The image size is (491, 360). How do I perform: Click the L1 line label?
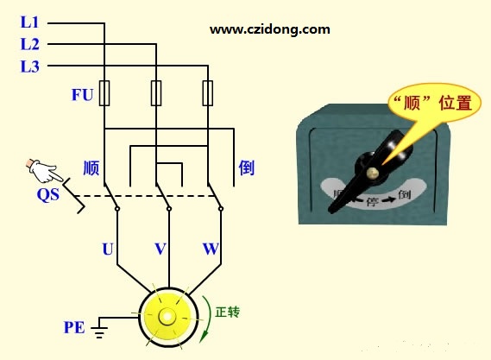click(x=29, y=22)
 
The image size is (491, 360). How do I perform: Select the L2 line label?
click(x=29, y=44)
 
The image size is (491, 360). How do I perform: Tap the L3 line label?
click(x=29, y=66)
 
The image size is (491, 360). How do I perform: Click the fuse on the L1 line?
click(x=104, y=93)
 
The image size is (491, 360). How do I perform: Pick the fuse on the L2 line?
click(x=156, y=93)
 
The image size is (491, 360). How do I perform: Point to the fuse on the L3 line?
click(x=208, y=93)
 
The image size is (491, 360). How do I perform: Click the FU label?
click(x=82, y=95)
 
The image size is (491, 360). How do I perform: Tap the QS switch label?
click(x=48, y=194)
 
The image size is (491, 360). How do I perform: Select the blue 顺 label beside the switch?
click(x=91, y=168)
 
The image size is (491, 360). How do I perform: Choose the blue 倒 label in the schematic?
click(x=247, y=168)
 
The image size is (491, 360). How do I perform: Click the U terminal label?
click(x=108, y=249)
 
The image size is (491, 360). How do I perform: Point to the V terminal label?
click(x=160, y=249)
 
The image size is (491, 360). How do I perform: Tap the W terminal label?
click(x=211, y=249)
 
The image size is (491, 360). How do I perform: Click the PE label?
click(x=74, y=328)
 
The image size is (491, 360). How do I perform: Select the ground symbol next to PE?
click(x=99, y=328)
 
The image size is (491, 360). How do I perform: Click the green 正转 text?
click(x=227, y=312)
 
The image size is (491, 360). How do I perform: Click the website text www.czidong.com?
click(x=269, y=29)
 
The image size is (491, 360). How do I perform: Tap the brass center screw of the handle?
click(x=373, y=172)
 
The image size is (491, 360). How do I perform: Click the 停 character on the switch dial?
click(x=372, y=201)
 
